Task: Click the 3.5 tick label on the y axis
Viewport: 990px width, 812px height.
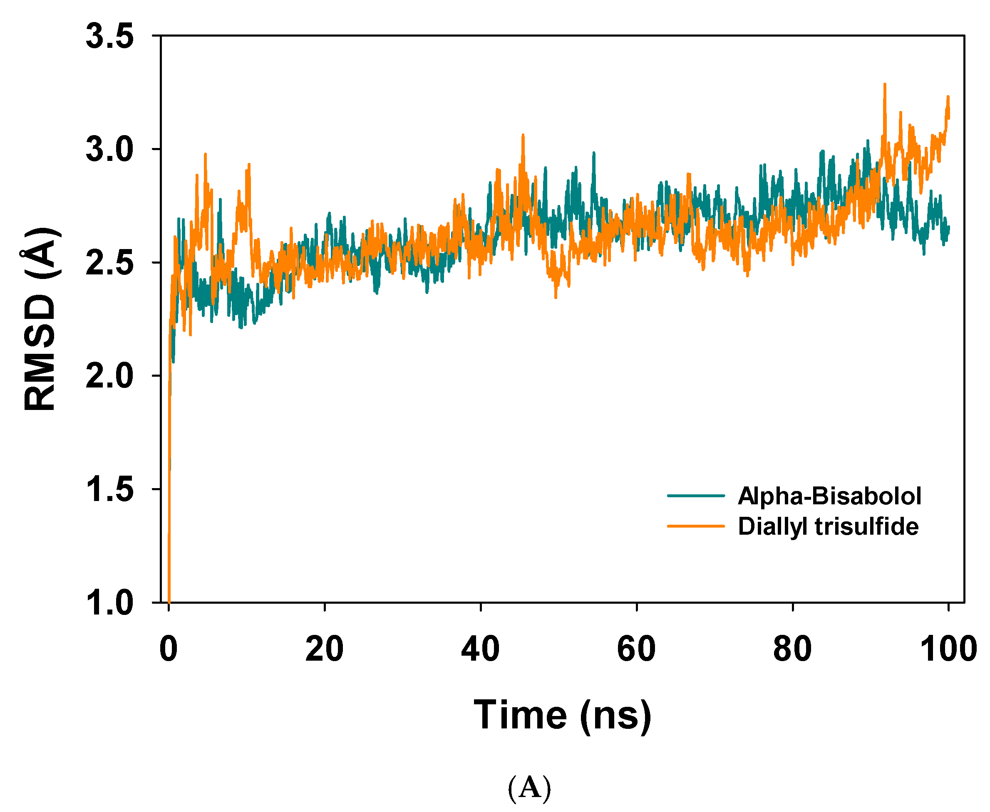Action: point(109,37)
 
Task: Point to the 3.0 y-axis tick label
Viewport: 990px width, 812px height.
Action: point(109,150)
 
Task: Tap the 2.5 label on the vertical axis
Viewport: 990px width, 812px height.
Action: point(109,263)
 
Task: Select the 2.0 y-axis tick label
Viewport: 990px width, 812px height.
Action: point(109,376)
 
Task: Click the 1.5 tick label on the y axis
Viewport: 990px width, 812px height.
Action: point(109,489)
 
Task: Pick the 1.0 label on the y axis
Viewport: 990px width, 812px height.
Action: point(109,602)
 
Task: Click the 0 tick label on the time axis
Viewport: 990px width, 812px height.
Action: point(169,649)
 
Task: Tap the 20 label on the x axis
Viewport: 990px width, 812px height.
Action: point(325,649)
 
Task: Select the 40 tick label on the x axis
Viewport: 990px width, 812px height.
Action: point(480,649)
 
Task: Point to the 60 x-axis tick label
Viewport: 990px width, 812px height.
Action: point(636,649)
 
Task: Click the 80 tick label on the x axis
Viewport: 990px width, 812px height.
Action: point(792,649)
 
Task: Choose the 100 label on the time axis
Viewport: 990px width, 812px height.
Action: point(948,649)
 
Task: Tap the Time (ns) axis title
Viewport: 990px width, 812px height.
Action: point(562,715)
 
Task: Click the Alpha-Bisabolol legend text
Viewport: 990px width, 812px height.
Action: point(829,496)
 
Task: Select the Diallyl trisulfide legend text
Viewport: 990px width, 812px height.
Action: point(828,526)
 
